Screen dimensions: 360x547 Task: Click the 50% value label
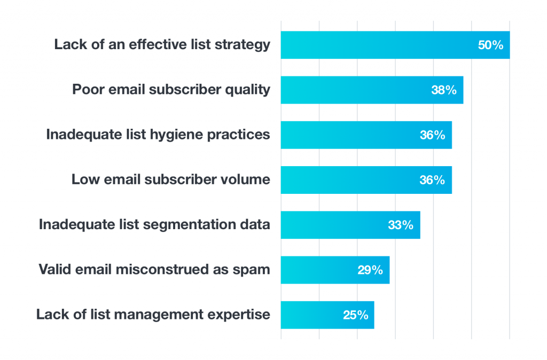tap(490, 45)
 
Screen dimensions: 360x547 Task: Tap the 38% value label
tap(444, 90)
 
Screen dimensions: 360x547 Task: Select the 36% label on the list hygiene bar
tap(432, 135)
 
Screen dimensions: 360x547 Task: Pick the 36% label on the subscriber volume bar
tap(432, 180)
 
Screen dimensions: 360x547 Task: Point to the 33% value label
tap(401, 225)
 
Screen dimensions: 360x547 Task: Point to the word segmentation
tap(188, 225)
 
